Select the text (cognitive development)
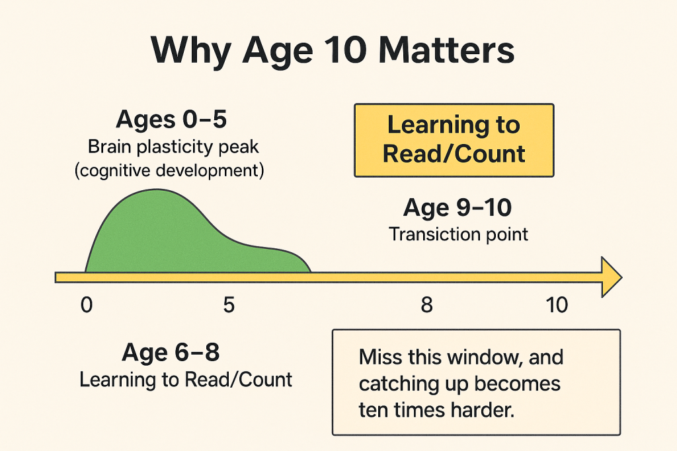tap(169, 170)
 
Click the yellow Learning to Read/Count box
tap(454, 139)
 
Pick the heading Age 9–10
tap(458, 208)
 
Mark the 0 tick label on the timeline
tap(85, 305)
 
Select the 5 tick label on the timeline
tap(229, 305)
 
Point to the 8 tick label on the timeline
tap(426, 305)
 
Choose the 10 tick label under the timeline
tap(557, 305)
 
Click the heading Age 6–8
tap(171, 353)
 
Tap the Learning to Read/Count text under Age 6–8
tap(186, 380)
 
